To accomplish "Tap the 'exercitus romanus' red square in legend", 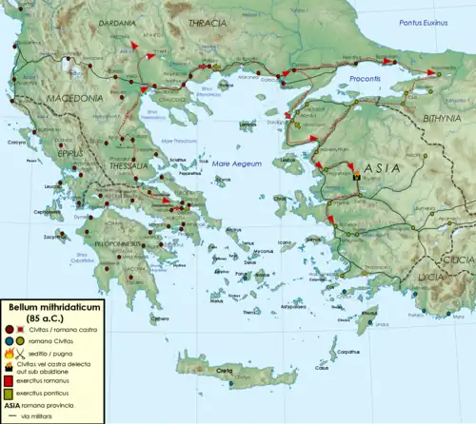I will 11,378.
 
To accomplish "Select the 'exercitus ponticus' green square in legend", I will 11,391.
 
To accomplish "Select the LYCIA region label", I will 427,275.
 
